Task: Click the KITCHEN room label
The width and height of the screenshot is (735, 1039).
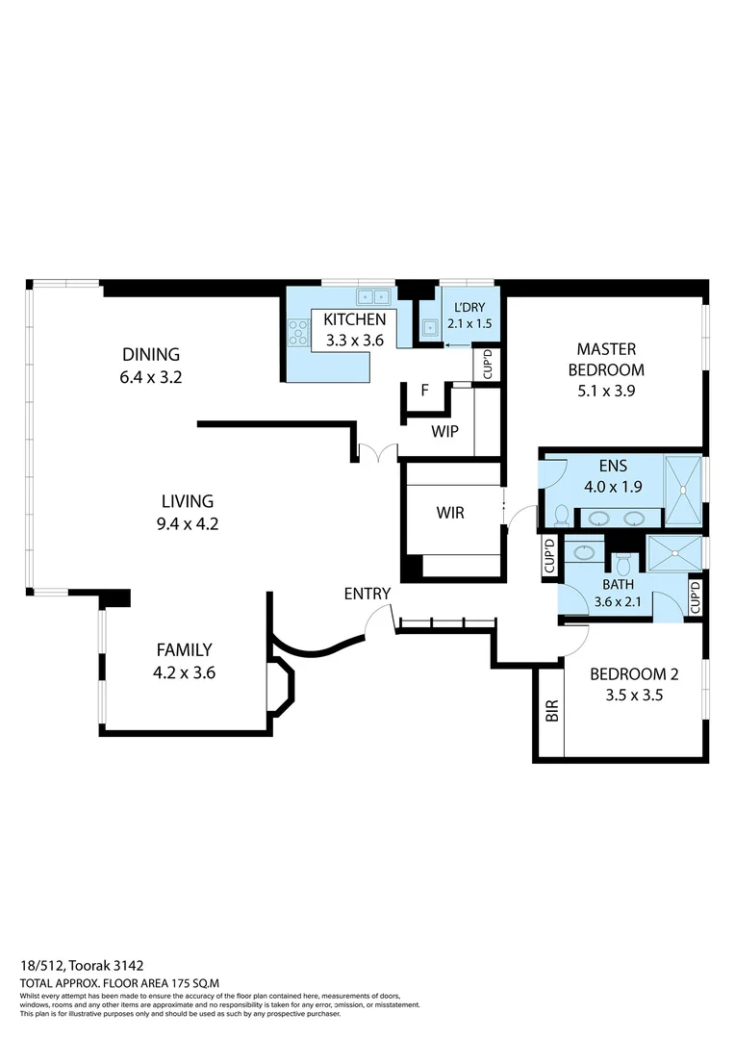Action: coord(354,319)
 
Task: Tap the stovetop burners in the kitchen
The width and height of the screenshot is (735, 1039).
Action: coord(296,332)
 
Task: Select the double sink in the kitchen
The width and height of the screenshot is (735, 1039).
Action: coord(370,296)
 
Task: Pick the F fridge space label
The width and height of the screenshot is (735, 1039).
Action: coord(423,391)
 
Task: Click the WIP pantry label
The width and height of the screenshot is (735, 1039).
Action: coord(444,431)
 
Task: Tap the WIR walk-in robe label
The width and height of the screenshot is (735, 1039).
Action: coord(450,513)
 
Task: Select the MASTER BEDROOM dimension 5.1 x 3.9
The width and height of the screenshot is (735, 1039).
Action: coord(606,392)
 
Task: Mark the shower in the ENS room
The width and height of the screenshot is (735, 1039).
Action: coord(685,488)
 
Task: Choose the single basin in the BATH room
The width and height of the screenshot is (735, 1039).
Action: coord(583,552)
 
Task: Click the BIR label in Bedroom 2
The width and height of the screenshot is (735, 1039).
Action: coord(551,712)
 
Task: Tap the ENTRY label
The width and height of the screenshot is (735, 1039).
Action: coord(367,594)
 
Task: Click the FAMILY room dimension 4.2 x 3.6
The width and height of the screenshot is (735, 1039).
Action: coord(184,673)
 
